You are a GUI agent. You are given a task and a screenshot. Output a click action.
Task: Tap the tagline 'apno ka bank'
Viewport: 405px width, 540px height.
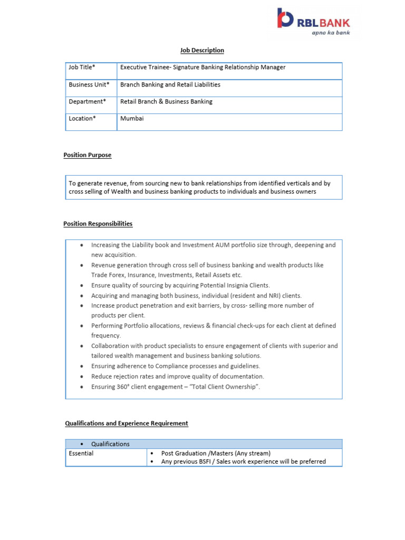[x=330, y=32]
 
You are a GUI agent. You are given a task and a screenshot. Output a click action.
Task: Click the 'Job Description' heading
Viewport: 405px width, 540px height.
[x=202, y=50]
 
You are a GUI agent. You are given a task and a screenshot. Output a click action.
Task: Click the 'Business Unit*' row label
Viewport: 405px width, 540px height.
[x=89, y=84]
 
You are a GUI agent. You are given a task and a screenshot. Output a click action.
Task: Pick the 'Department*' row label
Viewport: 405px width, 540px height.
[x=87, y=101]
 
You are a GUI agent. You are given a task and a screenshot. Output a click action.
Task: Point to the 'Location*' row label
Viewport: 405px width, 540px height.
[x=82, y=118]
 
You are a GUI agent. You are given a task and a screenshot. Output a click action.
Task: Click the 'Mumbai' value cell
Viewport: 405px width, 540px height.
[x=132, y=118]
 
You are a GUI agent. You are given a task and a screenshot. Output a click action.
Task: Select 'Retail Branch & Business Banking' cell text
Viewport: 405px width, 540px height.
[x=166, y=101]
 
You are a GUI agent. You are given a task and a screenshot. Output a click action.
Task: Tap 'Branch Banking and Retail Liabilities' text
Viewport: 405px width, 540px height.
[x=170, y=84]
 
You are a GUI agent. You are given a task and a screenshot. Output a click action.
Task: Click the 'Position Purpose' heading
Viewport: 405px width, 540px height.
[x=87, y=155]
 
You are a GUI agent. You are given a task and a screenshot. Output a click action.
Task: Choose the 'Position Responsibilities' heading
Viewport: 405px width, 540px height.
[x=98, y=224]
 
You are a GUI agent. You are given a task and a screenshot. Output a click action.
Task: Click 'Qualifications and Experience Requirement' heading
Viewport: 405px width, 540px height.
[x=127, y=423]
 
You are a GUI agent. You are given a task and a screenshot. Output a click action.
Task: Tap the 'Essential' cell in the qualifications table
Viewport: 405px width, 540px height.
[x=81, y=453]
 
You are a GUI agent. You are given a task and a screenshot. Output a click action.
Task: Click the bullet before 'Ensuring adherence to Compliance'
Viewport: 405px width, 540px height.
[x=82, y=366]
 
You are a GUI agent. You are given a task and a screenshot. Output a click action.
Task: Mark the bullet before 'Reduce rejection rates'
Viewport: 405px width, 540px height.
[x=82, y=377]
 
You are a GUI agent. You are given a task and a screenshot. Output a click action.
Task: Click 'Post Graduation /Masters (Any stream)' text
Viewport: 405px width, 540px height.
[x=216, y=453]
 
